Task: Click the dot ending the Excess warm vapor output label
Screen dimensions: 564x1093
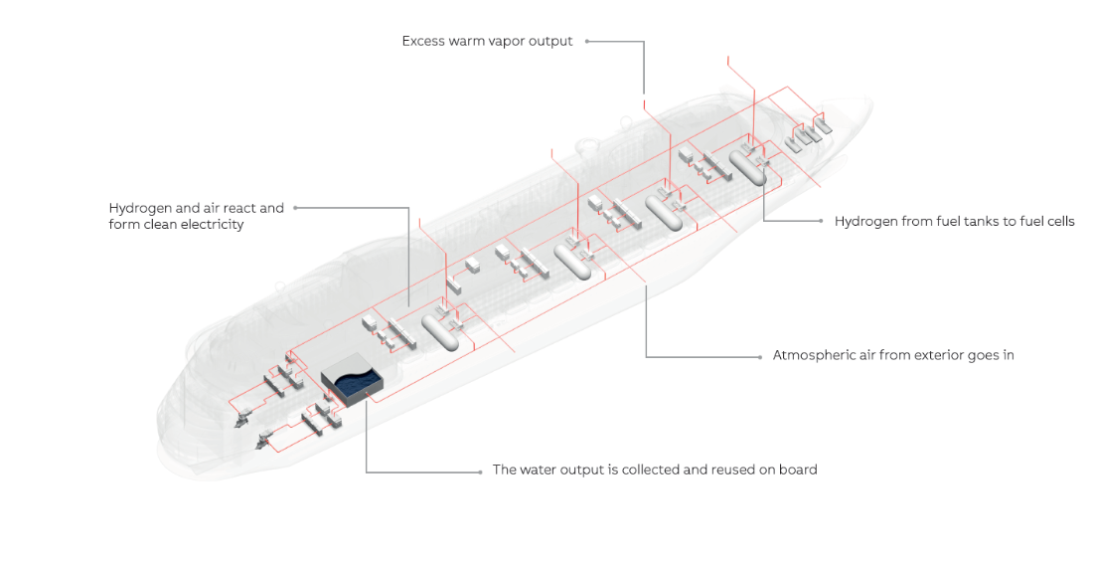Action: pyautogui.click(x=587, y=42)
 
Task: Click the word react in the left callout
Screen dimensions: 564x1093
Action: pyautogui.click(x=234, y=208)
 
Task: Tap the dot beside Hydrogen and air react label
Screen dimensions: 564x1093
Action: pyautogui.click(x=295, y=208)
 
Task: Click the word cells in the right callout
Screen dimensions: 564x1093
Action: pyautogui.click(x=1056, y=221)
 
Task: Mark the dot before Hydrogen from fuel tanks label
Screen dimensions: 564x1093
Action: pyautogui.click(x=821, y=221)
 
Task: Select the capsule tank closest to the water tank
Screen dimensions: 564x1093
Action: pyautogui.click(x=439, y=329)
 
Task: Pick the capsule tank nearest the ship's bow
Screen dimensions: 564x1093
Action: pyautogui.click(x=747, y=166)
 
